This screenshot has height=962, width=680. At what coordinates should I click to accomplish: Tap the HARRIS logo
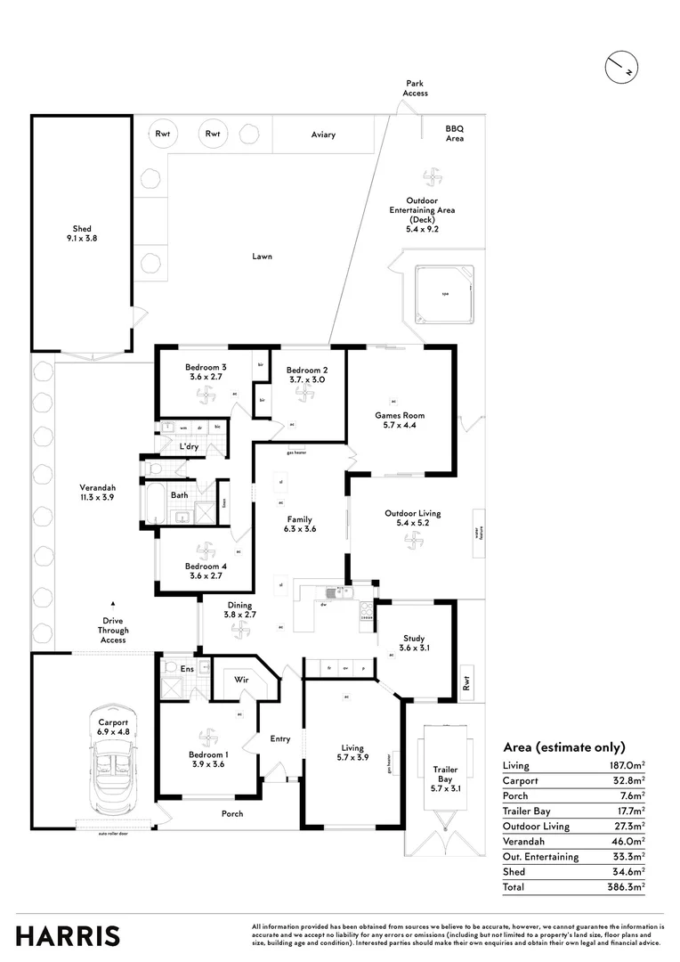pyautogui.click(x=68, y=936)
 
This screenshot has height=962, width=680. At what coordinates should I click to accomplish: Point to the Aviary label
pyautogui.click(x=323, y=135)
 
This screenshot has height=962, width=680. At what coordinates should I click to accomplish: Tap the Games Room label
pyautogui.click(x=400, y=415)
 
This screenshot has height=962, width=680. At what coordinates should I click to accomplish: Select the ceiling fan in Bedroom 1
pyautogui.click(x=207, y=737)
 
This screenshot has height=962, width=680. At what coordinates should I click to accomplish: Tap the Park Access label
pyautogui.click(x=415, y=88)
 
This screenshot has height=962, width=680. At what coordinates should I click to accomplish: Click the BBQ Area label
pyautogui.click(x=455, y=134)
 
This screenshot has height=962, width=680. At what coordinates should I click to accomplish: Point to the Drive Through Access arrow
pyautogui.click(x=113, y=603)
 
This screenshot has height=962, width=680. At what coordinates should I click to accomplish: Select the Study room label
pyautogui.click(x=413, y=638)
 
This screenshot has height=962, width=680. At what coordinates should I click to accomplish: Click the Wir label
pyautogui.click(x=239, y=679)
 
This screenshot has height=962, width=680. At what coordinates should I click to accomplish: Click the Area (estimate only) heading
pyautogui.click(x=564, y=747)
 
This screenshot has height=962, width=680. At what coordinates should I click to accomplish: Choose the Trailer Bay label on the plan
pyautogui.click(x=444, y=774)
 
